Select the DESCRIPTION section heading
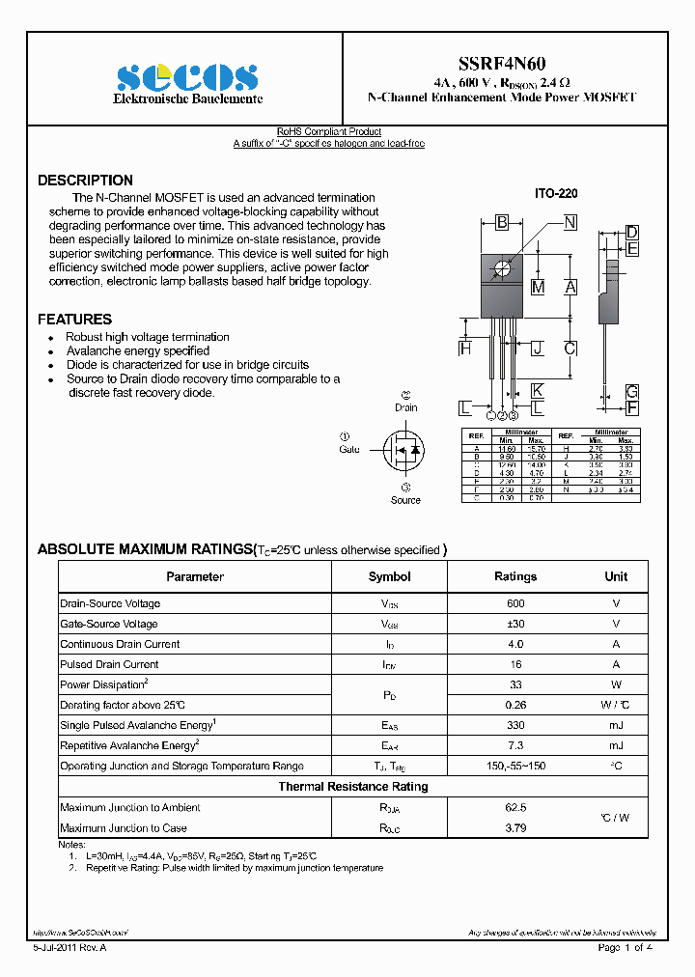click(85, 181)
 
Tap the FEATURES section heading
click(74, 319)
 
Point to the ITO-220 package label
click(556, 194)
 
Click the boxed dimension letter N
click(570, 223)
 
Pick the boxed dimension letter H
click(465, 349)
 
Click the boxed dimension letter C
click(570, 349)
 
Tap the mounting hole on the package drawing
click(502, 267)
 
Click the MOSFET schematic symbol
click(404, 449)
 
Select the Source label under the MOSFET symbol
click(405, 500)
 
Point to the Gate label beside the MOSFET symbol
click(348, 449)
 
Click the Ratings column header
click(514, 576)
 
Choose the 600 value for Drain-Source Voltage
click(514, 603)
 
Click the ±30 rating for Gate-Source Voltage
click(514, 625)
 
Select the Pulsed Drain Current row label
click(109, 665)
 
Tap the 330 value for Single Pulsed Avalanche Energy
click(514, 725)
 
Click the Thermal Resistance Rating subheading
click(352, 787)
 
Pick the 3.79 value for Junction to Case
click(514, 828)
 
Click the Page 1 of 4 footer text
click(625, 948)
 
